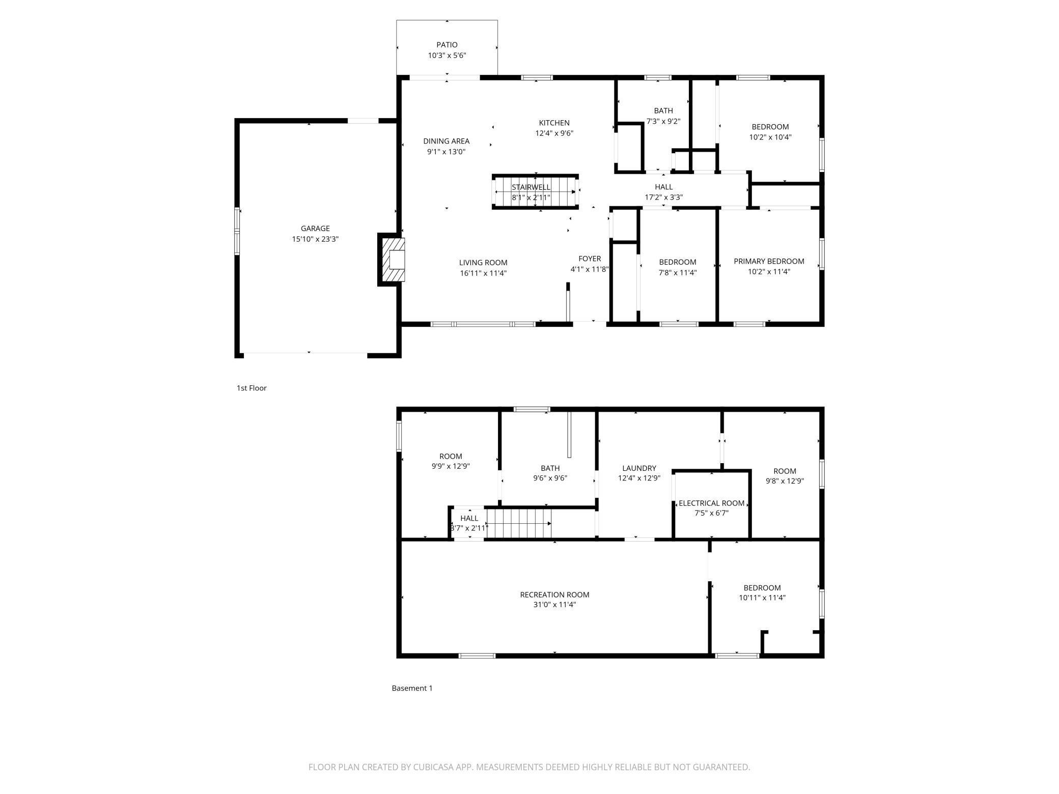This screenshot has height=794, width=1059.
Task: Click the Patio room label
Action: click(447, 45)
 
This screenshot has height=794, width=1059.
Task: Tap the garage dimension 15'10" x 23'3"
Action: click(315, 239)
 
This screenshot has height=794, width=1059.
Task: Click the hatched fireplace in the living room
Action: click(392, 260)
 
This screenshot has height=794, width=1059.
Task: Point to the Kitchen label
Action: click(554, 123)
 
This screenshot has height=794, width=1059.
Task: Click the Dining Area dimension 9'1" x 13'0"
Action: click(447, 152)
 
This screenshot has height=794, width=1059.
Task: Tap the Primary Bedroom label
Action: click(769, 261)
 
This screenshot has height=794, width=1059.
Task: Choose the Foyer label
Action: click(590, 259)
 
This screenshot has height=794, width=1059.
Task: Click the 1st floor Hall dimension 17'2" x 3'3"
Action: click(664, 197)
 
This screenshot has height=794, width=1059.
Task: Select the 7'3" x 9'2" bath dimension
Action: click(663, 121)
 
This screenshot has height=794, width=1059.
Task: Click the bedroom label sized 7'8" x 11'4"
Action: click(678, 262)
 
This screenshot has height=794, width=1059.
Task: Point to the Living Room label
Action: click(483, 263)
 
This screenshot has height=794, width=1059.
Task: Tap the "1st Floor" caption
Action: click(252, 388)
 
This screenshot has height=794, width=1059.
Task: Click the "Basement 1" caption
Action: click(412, 688)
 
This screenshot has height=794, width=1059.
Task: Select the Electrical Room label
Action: click(712, 503)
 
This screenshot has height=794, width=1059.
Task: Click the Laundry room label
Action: click(639, 468)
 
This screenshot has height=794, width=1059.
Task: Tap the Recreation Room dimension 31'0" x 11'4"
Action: click(555, 605)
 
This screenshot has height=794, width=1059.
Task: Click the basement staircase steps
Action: click(519, 523)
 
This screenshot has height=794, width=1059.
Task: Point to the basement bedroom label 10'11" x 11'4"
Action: click(762, 588)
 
